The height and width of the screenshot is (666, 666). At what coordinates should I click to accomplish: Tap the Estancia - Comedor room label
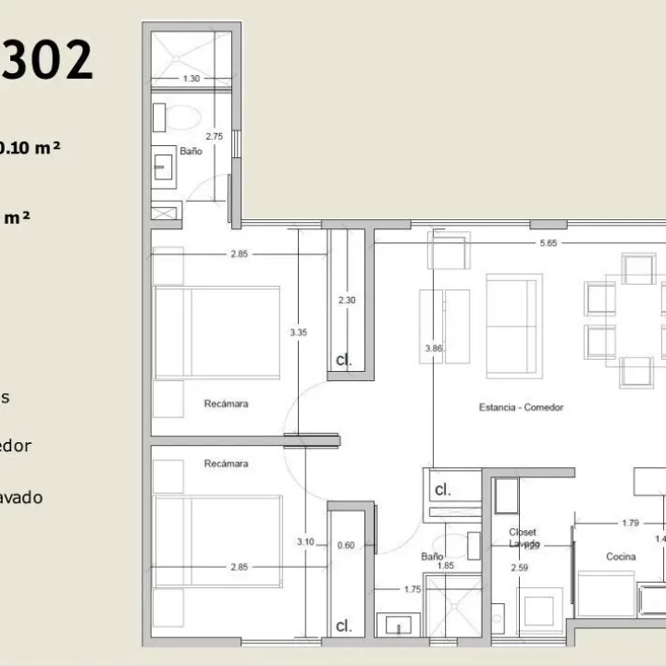521,407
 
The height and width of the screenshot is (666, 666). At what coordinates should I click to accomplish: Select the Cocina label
594,557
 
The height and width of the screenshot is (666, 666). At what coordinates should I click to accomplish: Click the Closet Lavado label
523,538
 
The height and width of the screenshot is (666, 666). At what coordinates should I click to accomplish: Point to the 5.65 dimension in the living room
548,243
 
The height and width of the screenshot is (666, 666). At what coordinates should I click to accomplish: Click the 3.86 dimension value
433,349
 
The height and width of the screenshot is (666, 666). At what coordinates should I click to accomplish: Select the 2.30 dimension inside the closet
346,301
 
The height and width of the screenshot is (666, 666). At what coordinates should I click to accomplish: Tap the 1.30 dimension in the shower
191,79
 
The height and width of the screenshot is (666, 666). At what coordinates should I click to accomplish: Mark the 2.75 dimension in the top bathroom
214,136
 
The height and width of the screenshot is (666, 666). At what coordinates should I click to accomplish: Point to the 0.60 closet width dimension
346,546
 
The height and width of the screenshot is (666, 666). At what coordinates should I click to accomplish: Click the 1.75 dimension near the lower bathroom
413,588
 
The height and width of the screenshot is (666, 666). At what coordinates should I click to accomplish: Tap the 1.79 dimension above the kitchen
604,524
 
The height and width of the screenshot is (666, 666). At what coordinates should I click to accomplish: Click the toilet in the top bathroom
188,117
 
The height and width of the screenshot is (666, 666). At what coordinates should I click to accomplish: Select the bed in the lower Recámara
218,541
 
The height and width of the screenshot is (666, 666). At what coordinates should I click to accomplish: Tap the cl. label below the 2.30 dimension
343,359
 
